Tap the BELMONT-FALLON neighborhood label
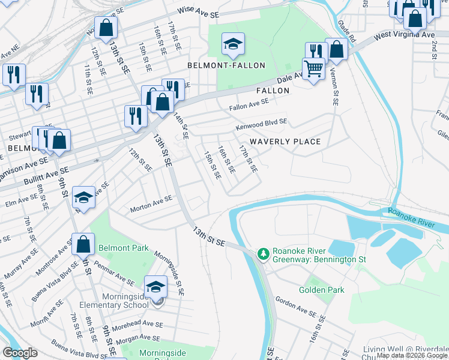pos(226,65)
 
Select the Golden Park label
pos(328,290)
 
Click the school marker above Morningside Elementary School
pos(155,286)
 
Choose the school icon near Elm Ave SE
pos(83,197)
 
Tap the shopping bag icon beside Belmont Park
pos(83,244)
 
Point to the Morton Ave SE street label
pos(152,205)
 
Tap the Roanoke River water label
pos(411,217)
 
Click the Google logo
pos(20,353)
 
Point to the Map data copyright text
pos(412,355)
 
